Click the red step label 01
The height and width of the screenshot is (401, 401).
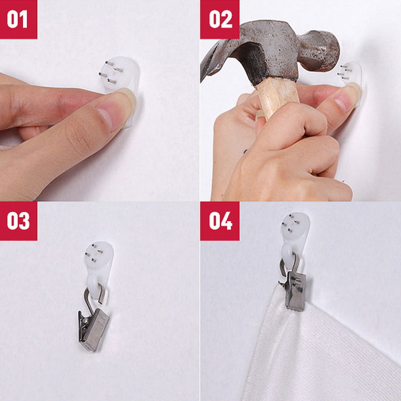18,19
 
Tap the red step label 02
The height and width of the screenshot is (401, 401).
220,19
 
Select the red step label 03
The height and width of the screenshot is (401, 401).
18,221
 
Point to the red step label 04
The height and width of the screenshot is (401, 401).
220,221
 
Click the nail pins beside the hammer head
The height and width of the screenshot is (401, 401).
345,72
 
